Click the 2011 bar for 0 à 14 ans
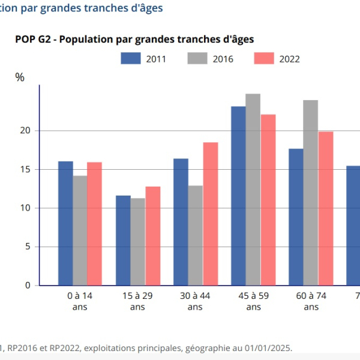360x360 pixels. coord(65,223)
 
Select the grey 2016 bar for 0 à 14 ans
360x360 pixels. coord(80,230)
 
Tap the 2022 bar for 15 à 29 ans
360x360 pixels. coord(152,236)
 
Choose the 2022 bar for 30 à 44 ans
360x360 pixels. coord(210,214)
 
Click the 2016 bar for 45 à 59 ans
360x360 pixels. coord(253,189)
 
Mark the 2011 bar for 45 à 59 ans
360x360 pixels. coord(238,196)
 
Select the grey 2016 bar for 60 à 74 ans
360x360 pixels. coord(311,193)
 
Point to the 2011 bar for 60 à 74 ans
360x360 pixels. coord(296,217)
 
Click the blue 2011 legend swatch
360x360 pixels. coord(131,58)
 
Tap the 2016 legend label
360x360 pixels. coord(223,59)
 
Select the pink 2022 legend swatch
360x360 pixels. coord(264,58)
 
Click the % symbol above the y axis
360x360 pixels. coord(20,77)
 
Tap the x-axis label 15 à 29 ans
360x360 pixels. coord(137,301)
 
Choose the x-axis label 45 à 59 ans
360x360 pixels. coord(253,301)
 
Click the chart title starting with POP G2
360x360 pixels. coord(134,39)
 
